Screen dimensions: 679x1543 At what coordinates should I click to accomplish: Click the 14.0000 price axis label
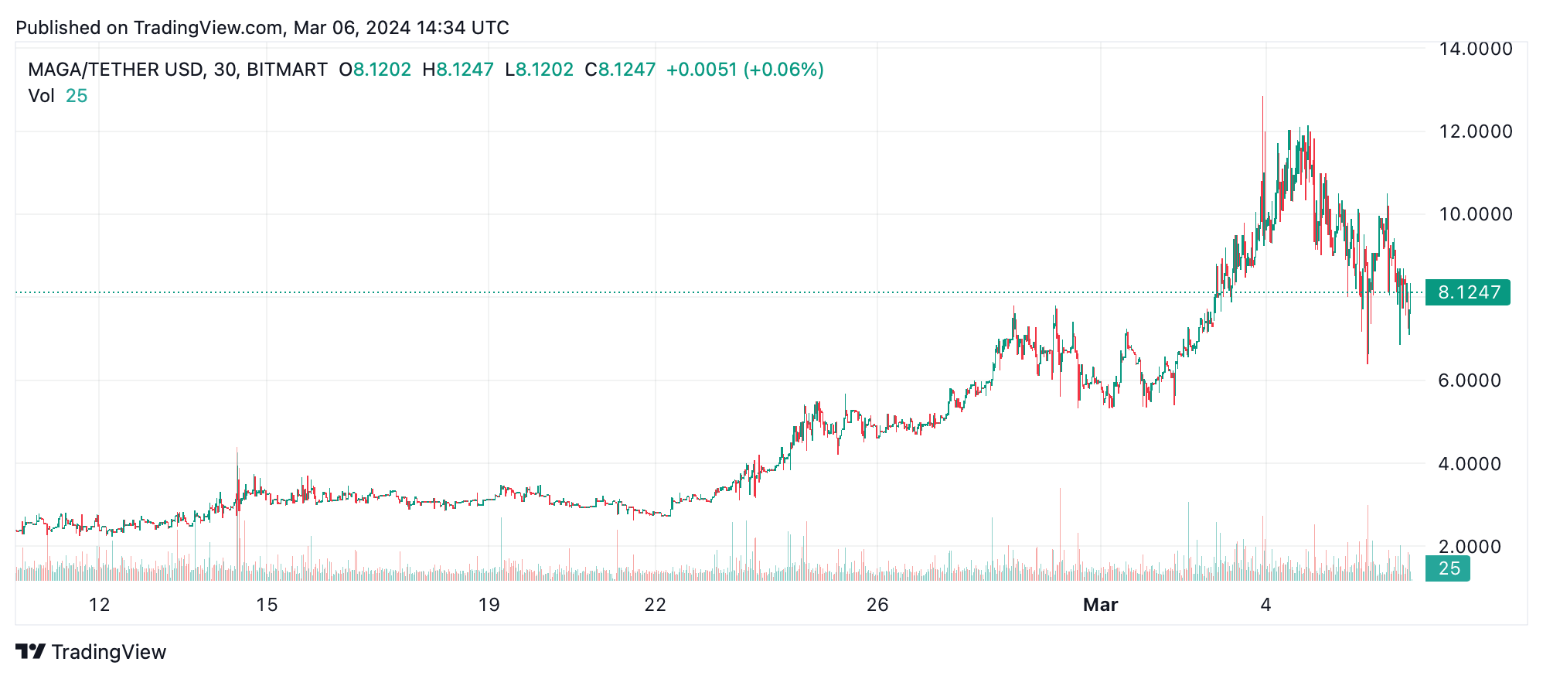click(1475, 49)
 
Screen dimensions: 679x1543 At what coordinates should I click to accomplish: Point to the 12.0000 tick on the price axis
click(1475, 131)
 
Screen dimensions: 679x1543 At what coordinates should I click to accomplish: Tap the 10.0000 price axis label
click(1475, 214)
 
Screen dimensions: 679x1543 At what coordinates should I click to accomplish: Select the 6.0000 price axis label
click(1469, 380)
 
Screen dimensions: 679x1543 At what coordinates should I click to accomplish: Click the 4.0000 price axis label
click(1469, 464)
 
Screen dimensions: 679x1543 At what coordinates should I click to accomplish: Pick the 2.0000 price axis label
click(1469, 547)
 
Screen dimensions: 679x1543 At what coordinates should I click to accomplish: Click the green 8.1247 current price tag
click(1467, 292)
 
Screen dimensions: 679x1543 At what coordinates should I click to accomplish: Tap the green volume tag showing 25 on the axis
click(1448, 569)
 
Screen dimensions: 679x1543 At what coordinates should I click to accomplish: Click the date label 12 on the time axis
click(99, 605)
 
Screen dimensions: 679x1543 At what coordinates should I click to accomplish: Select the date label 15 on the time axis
click(267, 605)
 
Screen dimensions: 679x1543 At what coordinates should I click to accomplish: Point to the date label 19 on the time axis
click(489, 605)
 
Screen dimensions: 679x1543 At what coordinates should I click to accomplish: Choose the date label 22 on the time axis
click(655, 605)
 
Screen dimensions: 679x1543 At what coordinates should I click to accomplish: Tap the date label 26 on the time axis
click(877, 605)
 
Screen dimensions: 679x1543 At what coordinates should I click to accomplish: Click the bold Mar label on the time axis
click(1100, 605)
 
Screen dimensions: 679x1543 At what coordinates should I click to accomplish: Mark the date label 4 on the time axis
click(1265, 605)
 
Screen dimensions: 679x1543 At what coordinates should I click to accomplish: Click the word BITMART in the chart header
click(287, 70)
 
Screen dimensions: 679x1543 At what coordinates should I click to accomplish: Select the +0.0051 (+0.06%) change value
click(744, 70)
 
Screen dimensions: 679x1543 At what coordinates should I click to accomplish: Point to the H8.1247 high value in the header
click(458, 70)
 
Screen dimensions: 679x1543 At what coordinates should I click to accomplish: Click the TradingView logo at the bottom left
click(91, 652)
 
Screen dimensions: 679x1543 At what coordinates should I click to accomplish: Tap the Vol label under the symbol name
click(41, 96)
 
